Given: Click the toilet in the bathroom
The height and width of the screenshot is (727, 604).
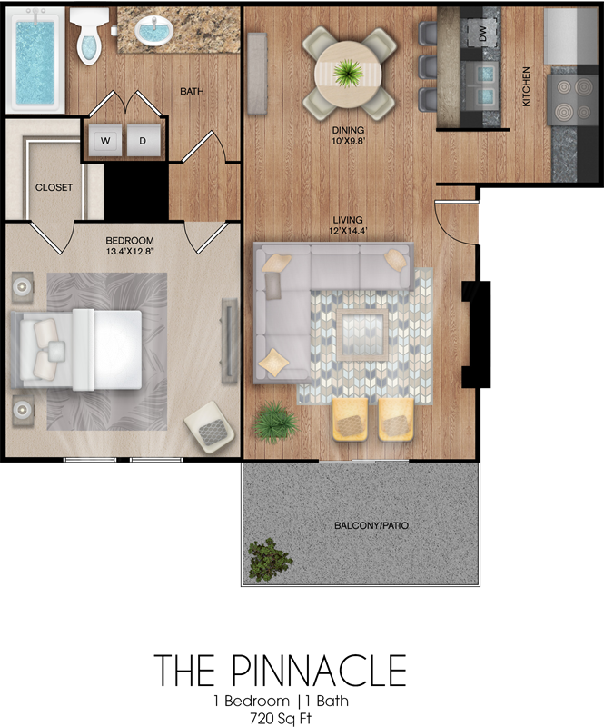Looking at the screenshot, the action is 88,36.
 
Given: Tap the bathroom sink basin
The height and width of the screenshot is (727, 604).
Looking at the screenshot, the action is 153,31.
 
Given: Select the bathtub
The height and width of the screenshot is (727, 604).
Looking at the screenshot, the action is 35,60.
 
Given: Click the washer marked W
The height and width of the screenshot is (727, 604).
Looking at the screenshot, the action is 105,140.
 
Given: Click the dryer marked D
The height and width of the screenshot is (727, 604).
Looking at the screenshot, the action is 144,140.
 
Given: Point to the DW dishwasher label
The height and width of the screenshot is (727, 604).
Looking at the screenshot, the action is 482,34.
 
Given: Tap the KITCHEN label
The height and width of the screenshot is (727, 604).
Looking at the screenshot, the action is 526,86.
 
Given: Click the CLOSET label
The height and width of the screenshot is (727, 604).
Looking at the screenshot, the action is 54,187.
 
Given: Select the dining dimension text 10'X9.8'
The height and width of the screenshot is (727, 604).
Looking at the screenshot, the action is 348,140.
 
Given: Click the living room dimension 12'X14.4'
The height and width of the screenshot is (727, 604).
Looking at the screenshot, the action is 348,230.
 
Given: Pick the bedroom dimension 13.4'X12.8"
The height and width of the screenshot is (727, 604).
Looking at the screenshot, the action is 130,252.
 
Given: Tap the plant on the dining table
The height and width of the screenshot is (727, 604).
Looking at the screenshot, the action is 348,74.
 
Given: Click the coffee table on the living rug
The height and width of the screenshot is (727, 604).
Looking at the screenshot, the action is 362,334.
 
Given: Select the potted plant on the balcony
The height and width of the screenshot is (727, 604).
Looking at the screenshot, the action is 270,560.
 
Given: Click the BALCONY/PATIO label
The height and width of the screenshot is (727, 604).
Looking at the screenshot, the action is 371,526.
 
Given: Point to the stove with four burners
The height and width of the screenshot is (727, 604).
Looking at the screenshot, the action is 572,100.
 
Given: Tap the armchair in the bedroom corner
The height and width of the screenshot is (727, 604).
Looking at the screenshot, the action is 210,426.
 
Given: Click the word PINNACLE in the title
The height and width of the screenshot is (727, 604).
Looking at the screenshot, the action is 319,670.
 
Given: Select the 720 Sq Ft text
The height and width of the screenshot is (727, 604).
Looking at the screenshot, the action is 281,718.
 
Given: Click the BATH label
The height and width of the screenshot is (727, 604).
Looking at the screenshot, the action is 192,92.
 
